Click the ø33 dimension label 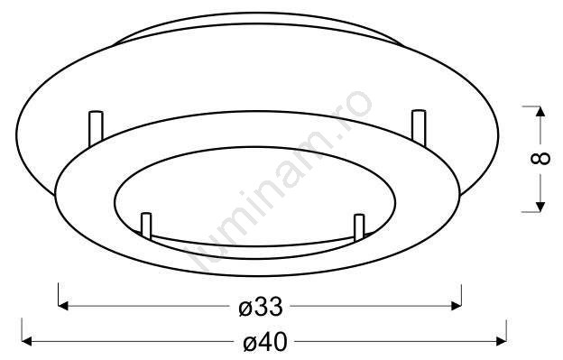[x=261, y=307]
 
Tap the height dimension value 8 [x=540, y=158]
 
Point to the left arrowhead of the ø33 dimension [x=63, y=306]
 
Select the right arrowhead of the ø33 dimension [x=457, y=306]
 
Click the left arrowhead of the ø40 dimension [x=27, y=341]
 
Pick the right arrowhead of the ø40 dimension [x=502, y=341]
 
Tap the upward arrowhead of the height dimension [x=540, y=111]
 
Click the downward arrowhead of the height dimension [x=540, y=208]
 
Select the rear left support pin [x=96, y=128]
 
